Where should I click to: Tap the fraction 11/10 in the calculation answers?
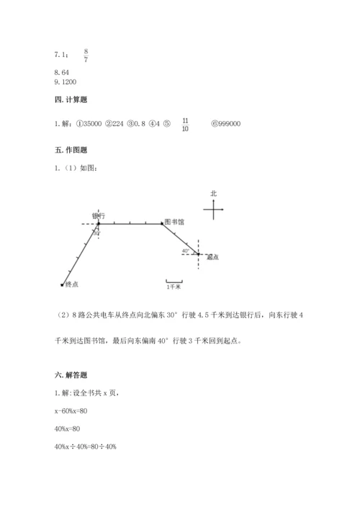click(x=185, y=125)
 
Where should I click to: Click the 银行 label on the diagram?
click(x=99, y=215)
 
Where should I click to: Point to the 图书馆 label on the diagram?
click(x=175, y=222)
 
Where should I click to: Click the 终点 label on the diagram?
click(x=71, y=284)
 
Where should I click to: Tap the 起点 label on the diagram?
click(x=212, y=257)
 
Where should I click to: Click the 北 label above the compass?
click(x=213, y=194)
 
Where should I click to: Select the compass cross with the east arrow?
click(x=214, y=210)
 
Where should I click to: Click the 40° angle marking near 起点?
click(x=185, y=251)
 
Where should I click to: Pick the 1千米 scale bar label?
click(x=174, y=287)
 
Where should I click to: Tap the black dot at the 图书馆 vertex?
click(x=161, y=224)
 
